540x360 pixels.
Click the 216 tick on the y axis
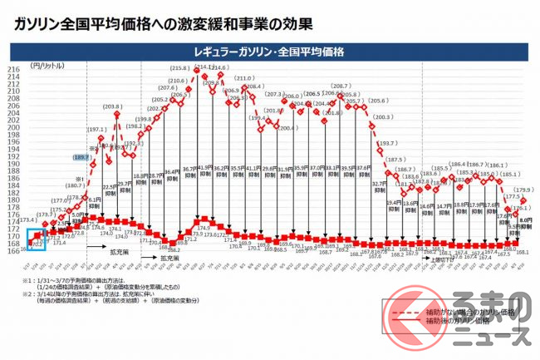click(13, 71)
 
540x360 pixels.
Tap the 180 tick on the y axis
click(13, 200)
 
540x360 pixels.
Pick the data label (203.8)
click(113, 107)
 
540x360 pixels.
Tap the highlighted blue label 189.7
click(80, 156)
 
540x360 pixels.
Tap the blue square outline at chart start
click(37, 239)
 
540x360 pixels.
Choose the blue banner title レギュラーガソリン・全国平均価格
click(270, 51)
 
